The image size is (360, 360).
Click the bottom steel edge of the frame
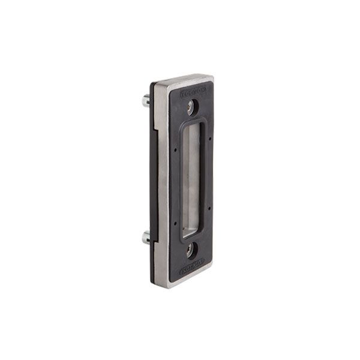[180, 273]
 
